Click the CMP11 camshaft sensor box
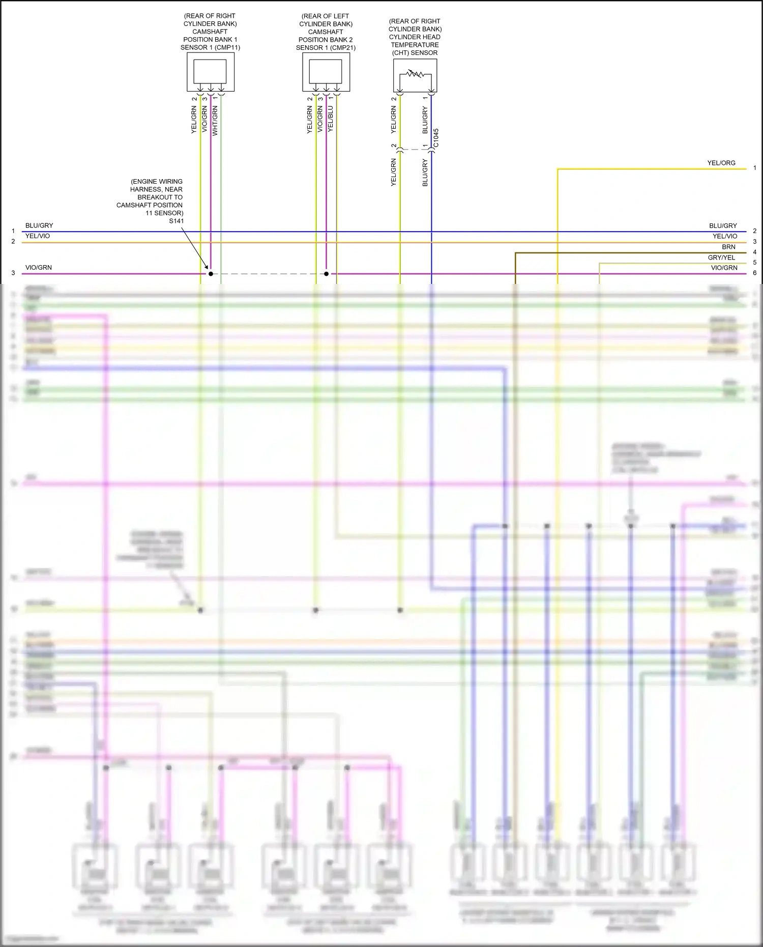pos(210,72)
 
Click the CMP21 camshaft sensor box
pos(326,72)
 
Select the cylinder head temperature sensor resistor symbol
pos(415,74)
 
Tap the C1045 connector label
pos(436,138)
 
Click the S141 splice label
pos(177,221)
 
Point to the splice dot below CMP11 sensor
pos(211,274)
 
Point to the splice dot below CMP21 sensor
pos(326,274)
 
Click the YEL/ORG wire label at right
pos(721,163)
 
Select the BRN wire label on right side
pos(728,247)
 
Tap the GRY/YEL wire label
pos(721,257)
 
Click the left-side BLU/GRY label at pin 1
pos(39,225)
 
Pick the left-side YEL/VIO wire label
pos(38,236)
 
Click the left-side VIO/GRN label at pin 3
pos(39,268)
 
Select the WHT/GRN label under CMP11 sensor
pos(215,121)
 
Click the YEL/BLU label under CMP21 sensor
pos(331,119)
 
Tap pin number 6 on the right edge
pos(755,273)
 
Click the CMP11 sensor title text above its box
pos(210,32)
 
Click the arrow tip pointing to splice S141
pos(208,269)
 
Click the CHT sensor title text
pos(415,37)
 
